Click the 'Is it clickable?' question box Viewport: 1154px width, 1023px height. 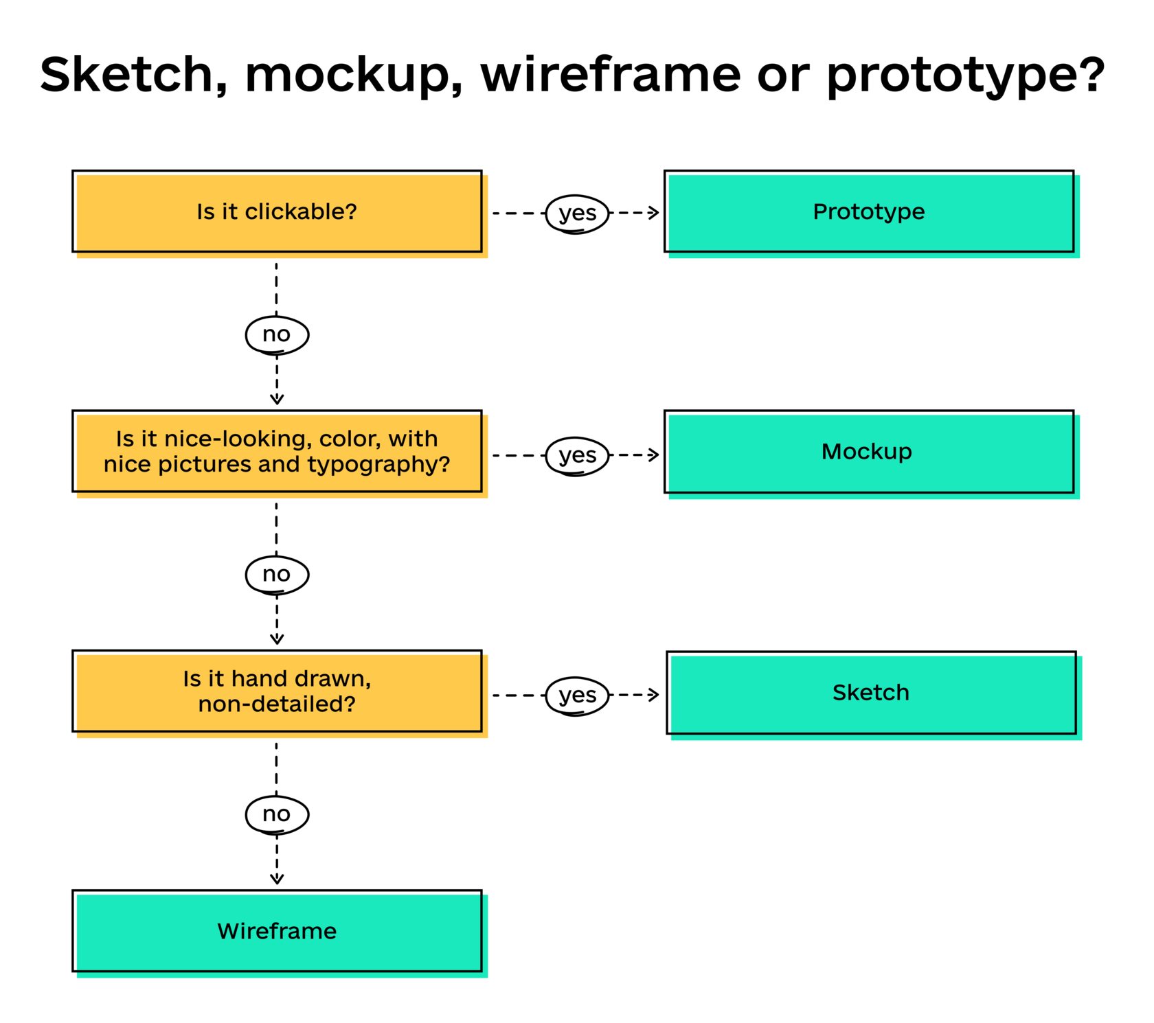pyautogui.click(x=277, y=211)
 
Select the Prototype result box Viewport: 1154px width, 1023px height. pyautogui.click(x=869, y=211)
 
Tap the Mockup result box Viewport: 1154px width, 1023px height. pyautogui.click(x=869, y=452)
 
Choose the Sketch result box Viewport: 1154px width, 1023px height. pyautogui.click(x=871, y=693)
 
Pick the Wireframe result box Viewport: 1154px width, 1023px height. pyautogui.click(x=277, y=932)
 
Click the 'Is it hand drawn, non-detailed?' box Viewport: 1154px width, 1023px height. pyautogui.click(x=277, y=691)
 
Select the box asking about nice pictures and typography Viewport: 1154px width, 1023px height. pyautogui.click(x=277, y=452)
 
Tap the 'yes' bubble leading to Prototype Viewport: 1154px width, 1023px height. pyautogui.click(x=577, y=214)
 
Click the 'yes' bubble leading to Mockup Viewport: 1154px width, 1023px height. pyautogui.click(x=577, y=455)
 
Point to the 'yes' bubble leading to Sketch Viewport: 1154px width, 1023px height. pyautogui.click(x=577, y=696)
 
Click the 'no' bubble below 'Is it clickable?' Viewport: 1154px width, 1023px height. pyautogui.click(x=277, y=335)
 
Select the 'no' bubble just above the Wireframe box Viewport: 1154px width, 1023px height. pyautogui.click(x=277, y=814)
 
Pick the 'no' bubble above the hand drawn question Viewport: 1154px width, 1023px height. pyautogui.click(x=277, y=575)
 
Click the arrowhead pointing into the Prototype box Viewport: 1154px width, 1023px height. pyautogui.click(x=654, y=213)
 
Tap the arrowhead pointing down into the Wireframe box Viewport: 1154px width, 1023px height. pyautogui.click(x=277, y=878)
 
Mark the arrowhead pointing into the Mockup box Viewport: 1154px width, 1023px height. pyautogui.click(x=654, y=455)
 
